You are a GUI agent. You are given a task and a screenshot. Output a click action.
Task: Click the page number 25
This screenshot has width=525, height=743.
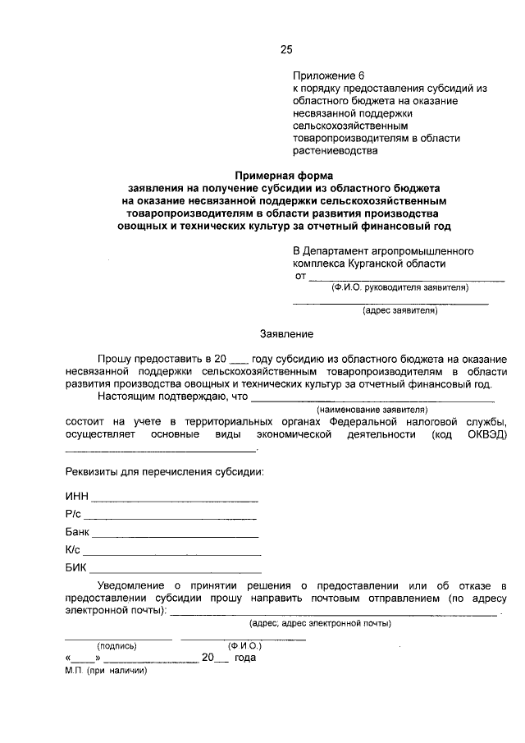pyautogui.click(x=286, y=49)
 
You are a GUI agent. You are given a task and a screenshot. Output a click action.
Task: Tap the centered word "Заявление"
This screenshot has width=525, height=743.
pyautogui.click(x=286, y=334)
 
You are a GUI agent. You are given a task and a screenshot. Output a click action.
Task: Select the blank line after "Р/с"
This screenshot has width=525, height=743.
pyautogui.click(x=170, y=517)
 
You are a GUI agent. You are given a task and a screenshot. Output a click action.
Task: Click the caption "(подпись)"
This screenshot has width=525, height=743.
pyautogui.click(x=117, y=646)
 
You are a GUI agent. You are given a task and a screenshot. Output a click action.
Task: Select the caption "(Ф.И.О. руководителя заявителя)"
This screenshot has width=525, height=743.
pyautogui.click(x=399, y=288)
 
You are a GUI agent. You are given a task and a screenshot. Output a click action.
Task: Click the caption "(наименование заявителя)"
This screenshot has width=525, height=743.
pyautogui.click(x=373, y=408)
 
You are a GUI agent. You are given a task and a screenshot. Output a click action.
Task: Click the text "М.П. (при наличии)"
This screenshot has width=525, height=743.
pyautogui.click(x=105, y=670)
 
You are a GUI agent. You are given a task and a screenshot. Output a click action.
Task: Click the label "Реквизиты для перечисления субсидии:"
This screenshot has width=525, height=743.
pyautogui.click(x=164, y=474)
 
